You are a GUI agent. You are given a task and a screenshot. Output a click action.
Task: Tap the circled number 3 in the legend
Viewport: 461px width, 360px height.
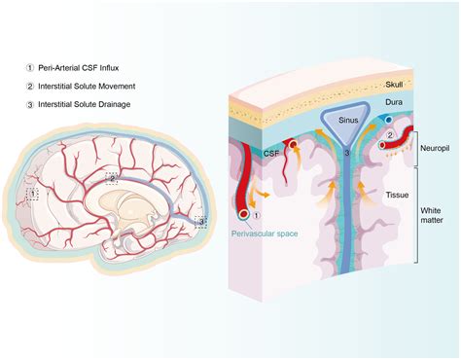[30, 103]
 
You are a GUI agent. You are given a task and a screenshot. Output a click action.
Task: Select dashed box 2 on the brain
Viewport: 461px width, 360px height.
[113, 179]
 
